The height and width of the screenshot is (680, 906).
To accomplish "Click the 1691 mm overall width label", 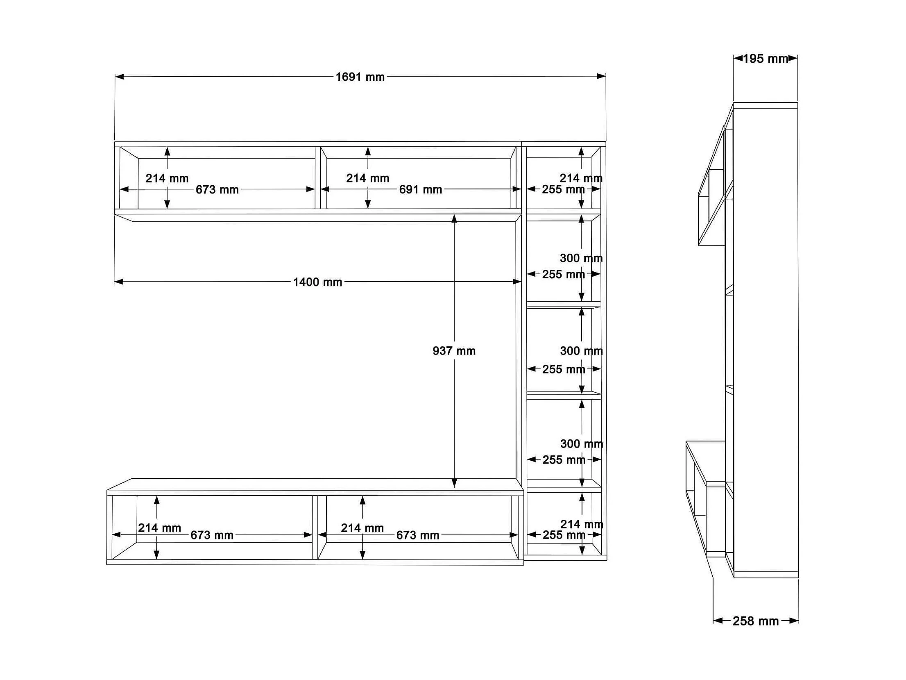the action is [x=360, y=77].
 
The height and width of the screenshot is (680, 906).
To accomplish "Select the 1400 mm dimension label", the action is [x=317, y=282].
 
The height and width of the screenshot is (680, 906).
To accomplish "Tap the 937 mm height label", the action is [x=454, y=351].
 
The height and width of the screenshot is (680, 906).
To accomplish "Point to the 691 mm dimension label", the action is [x=421, y=189].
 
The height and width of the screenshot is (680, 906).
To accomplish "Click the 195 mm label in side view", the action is [x=765, y=59].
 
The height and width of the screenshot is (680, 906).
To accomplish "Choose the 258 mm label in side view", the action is [x=756, y=621].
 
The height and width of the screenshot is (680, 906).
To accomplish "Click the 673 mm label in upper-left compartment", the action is [x=217, y=189].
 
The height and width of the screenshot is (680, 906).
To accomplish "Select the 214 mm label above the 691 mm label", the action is [x=367, y=178].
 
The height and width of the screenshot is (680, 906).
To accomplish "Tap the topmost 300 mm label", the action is [x=581, y=258].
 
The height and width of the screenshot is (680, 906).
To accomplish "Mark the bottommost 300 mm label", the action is [x=582, y=443].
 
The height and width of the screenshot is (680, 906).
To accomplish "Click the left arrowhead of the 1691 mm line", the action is [x=119, y=77].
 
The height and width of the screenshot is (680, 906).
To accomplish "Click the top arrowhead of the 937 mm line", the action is [x=454, y=218].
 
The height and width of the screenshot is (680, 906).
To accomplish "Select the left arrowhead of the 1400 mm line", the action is [x=119, y=282].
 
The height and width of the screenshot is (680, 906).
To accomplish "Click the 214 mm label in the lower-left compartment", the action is [x=159, y=528].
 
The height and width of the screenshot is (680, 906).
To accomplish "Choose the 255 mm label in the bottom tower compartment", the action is [x=564, y=535].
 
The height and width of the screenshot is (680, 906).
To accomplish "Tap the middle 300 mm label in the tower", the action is [x=581, y=351].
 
